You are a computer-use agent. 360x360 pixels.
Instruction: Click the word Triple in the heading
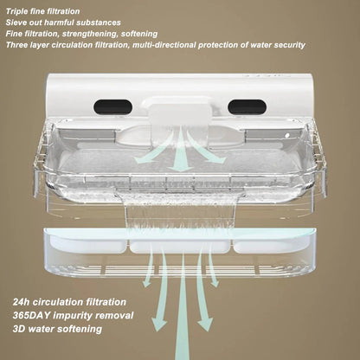click(x=16, y=12)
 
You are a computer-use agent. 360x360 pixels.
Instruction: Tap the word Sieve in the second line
click(x=15, y=22)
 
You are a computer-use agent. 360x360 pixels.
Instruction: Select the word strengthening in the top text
click(x=90, y=34)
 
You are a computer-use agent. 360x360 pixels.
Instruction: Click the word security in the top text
click(x=290, y=45)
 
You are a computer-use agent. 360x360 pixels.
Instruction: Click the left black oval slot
click(x=112, y=106)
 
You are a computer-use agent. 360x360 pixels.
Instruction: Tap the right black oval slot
click(x=247, y=106)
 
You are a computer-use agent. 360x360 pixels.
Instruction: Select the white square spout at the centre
click(x=180, y=115)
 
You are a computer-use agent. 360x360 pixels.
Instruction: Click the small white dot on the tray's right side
click(x=287, y=135)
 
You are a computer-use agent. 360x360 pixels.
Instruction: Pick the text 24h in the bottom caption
click(x=21, y=302)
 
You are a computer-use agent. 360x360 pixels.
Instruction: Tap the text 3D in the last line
click(x=19, y=329)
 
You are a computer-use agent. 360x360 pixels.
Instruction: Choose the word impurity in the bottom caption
click(x=72, y=316)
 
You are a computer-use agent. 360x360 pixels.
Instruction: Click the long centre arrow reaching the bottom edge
click(x=182, y=305)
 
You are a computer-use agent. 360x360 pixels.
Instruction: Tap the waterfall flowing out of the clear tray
click(x=180, y=209)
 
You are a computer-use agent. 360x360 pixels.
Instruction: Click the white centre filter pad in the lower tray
click(x=181, y=247)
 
